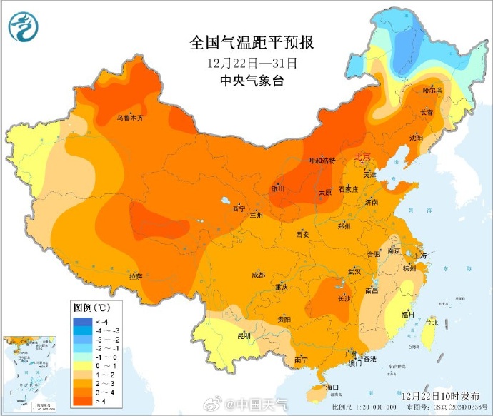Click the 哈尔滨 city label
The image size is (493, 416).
pyautogui.click(x=432, y=91)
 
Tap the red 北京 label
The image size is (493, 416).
pyautogui.click(x=362, y=156)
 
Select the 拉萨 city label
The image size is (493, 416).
pyautogui.click(x=136, y=275)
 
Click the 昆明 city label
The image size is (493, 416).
pyautogui.click(x=244, y=335)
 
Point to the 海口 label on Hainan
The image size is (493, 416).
pyautogui.click(x=331, y=386)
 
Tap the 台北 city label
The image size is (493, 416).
pyautogui.click(x=431, y=323)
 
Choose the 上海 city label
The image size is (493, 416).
pyautogui.click(x=421, y=255)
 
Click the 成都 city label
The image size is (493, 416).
pyautogui.click(x=258, y=275)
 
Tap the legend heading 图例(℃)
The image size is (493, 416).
pyautogui.click(x=91, y=308)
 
